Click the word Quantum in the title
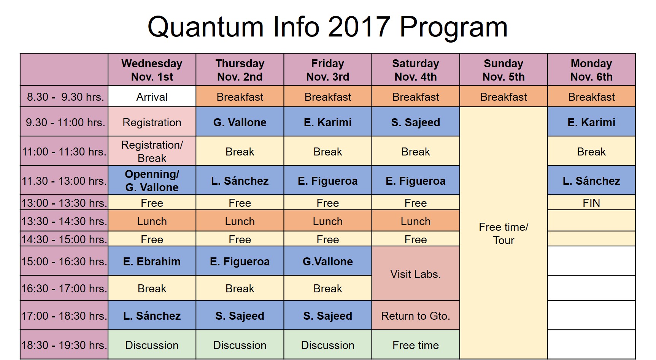(205, 27)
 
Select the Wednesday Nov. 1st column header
(152, 70)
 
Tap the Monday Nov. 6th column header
(591, 70)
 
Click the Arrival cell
(152, 97)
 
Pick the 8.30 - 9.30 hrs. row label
(64, 97)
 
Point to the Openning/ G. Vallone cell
(152, 181)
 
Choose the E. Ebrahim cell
(152, 261)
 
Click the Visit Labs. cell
(416, 273)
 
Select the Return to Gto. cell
(416, 316)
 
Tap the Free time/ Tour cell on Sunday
(504, 233)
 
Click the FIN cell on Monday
(591, 203)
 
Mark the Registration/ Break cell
(152, 151)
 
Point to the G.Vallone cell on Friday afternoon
(328, 261)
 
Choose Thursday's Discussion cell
(240, 345)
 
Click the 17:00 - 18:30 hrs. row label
(64, 316)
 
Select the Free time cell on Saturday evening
(416, 345)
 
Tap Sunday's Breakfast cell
(504, 97)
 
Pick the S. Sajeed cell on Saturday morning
(416, 122)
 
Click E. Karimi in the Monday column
(591, 122)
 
